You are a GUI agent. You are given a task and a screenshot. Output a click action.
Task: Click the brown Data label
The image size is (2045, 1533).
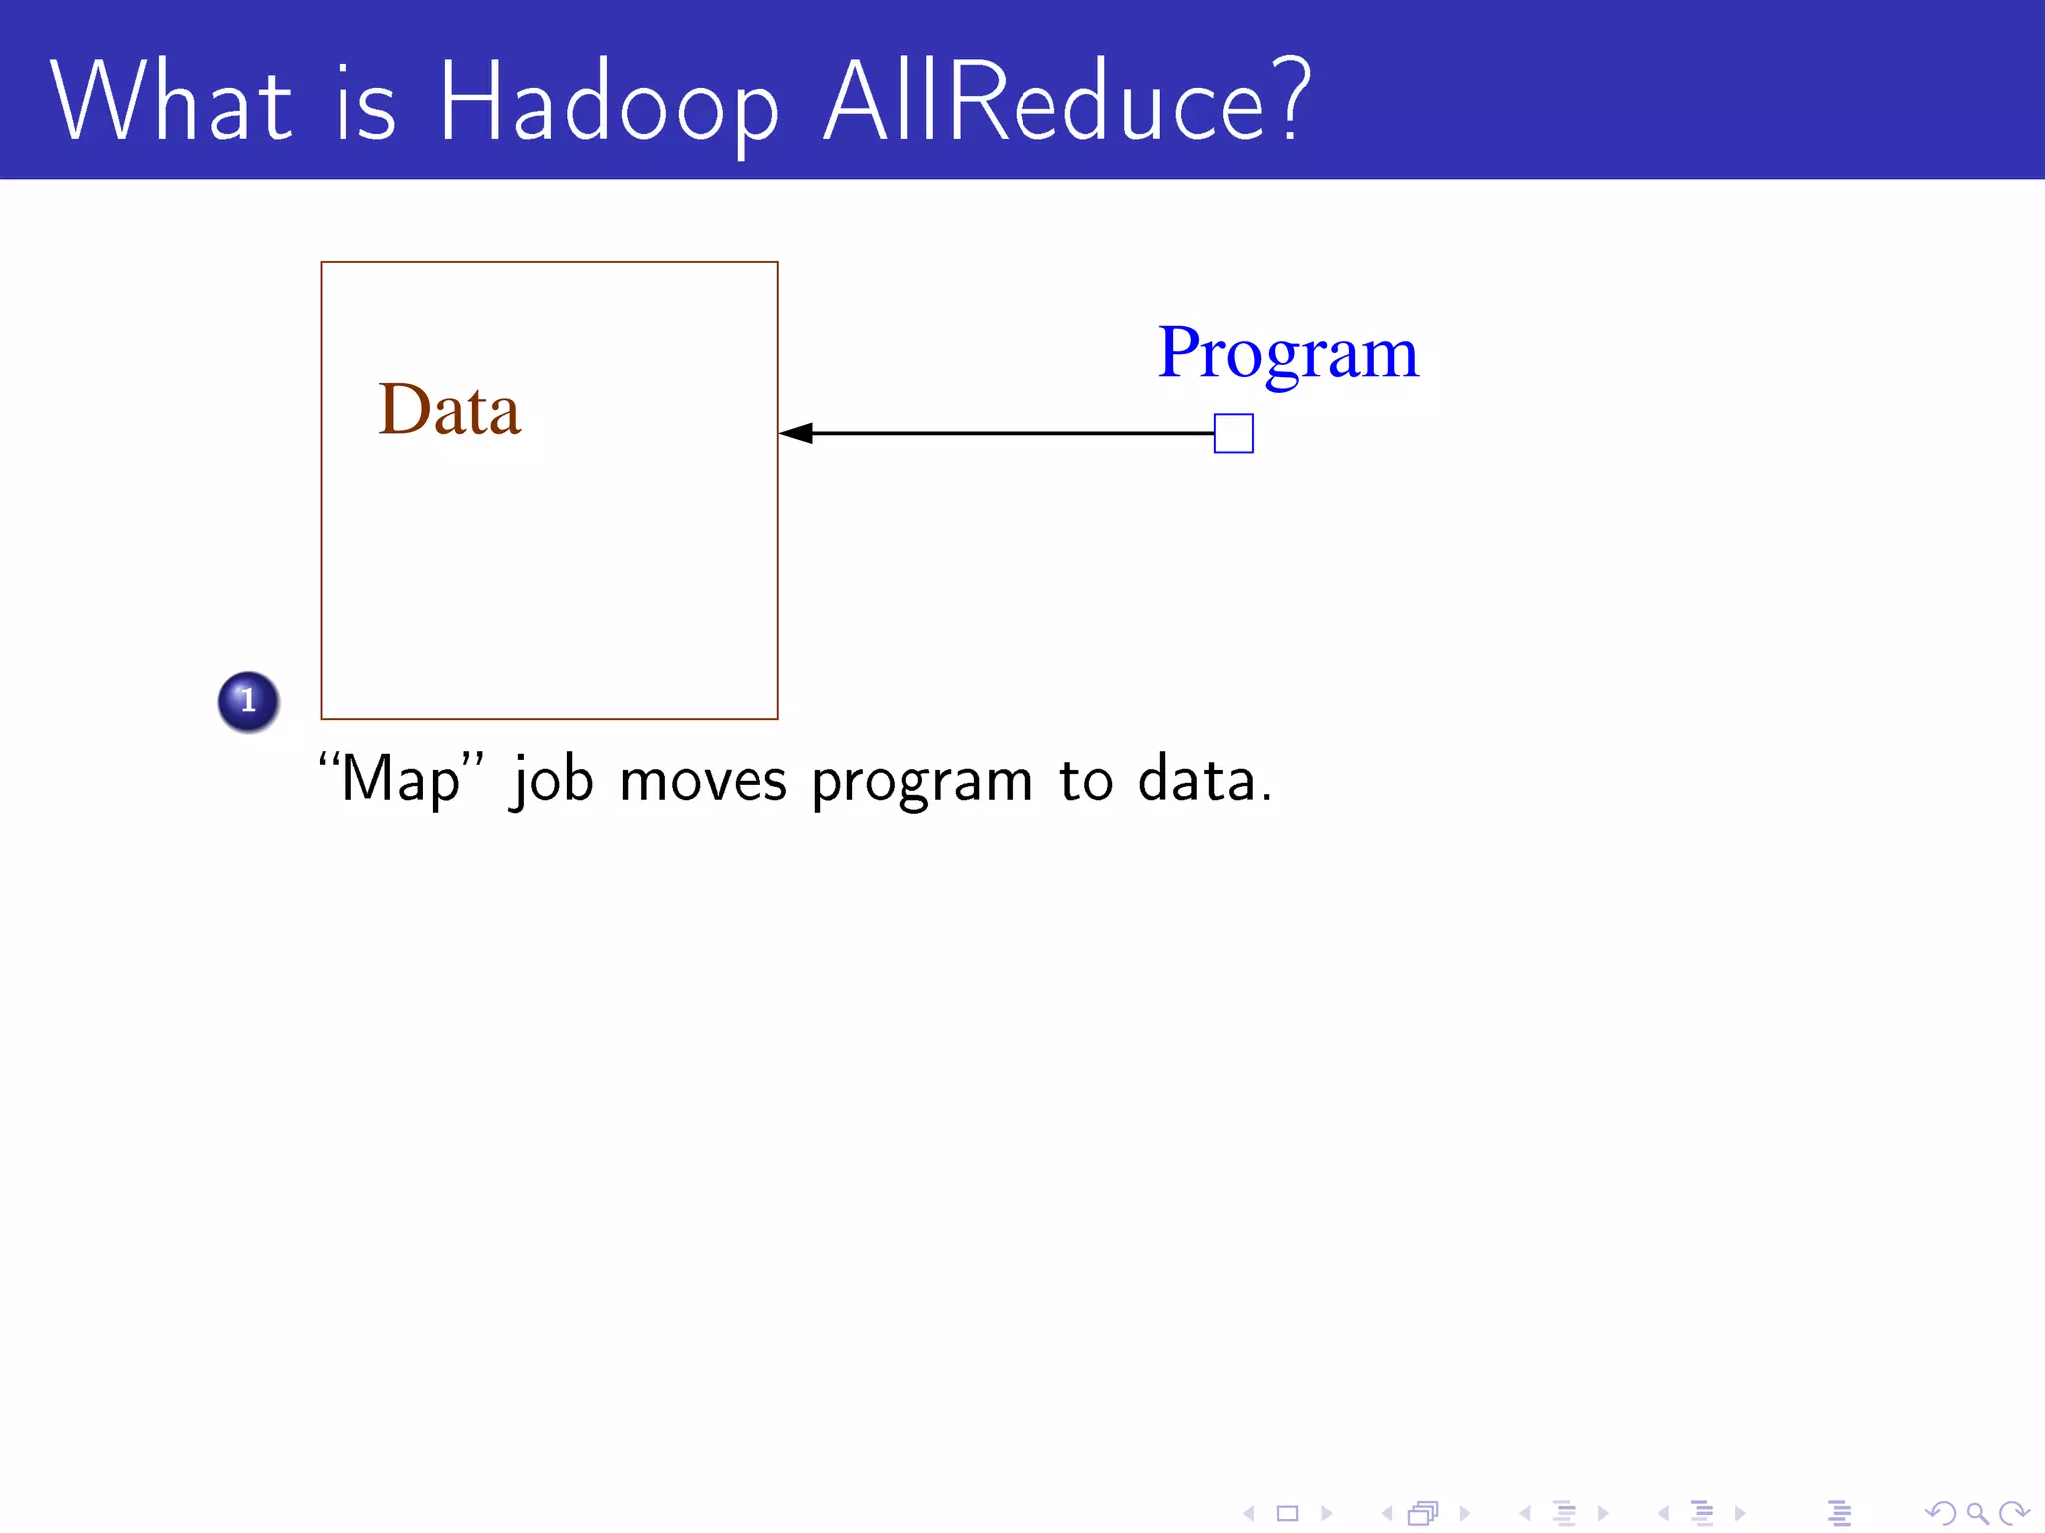pos(449,410)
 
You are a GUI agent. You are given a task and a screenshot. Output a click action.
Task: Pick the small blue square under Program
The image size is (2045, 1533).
pos(1233,434)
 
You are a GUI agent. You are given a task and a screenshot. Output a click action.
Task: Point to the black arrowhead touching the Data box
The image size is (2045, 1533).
pos(796,433)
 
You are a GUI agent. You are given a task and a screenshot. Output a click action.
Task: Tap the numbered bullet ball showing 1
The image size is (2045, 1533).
pos(248,701)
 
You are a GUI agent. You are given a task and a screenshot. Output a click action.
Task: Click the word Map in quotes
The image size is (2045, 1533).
pos(399,779)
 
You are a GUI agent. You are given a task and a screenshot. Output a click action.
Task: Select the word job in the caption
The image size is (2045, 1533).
pos(552,779)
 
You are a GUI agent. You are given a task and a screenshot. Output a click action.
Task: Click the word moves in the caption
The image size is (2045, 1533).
pos(702,779)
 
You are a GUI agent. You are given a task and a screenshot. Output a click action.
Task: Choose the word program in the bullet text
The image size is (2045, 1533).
pos(921,781)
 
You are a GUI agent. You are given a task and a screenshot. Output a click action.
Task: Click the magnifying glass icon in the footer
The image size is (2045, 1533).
pos(1977,1513)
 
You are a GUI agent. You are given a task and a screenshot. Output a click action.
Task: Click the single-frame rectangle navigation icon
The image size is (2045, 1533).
pos(1287,1513)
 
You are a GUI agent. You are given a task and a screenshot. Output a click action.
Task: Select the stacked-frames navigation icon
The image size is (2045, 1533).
pos(1423,1513)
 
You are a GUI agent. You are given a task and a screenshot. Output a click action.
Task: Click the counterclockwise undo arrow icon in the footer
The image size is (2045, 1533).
pos(1940,1513)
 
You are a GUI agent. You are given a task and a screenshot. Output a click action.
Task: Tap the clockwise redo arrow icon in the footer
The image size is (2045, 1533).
pos(2014,1513)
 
